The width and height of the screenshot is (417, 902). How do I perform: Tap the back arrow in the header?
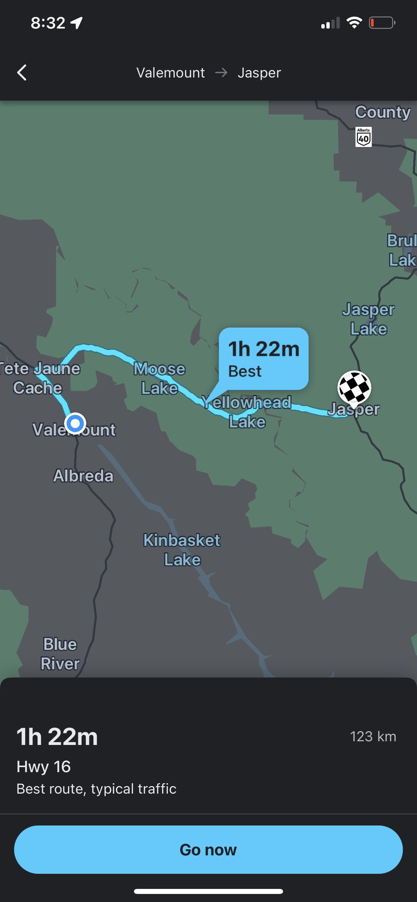(22, 72)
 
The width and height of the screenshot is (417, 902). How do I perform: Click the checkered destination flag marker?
(354, 388)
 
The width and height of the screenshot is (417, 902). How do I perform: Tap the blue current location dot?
(75, 424)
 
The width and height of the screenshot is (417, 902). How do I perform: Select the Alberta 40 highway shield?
(363, 137)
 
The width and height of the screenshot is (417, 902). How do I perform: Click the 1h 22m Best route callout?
(264, 359)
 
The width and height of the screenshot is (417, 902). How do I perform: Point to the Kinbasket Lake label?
(182, 550)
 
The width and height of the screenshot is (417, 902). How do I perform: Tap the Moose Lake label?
(159, 379)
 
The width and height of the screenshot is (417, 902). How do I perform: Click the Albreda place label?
(83, 476)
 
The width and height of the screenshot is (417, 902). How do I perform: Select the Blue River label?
(60, 654)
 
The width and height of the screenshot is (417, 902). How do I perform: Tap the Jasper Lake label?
(368, 319)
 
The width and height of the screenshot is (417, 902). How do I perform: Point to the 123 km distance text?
(373, 736)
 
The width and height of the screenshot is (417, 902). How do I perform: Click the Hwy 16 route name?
(44, 766)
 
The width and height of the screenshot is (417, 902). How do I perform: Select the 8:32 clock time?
(48, 23)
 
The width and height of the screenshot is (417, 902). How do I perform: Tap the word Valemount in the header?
(171, 73)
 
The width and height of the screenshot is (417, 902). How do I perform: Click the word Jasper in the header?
(259, 73)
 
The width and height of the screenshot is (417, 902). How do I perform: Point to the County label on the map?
(383, 112)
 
